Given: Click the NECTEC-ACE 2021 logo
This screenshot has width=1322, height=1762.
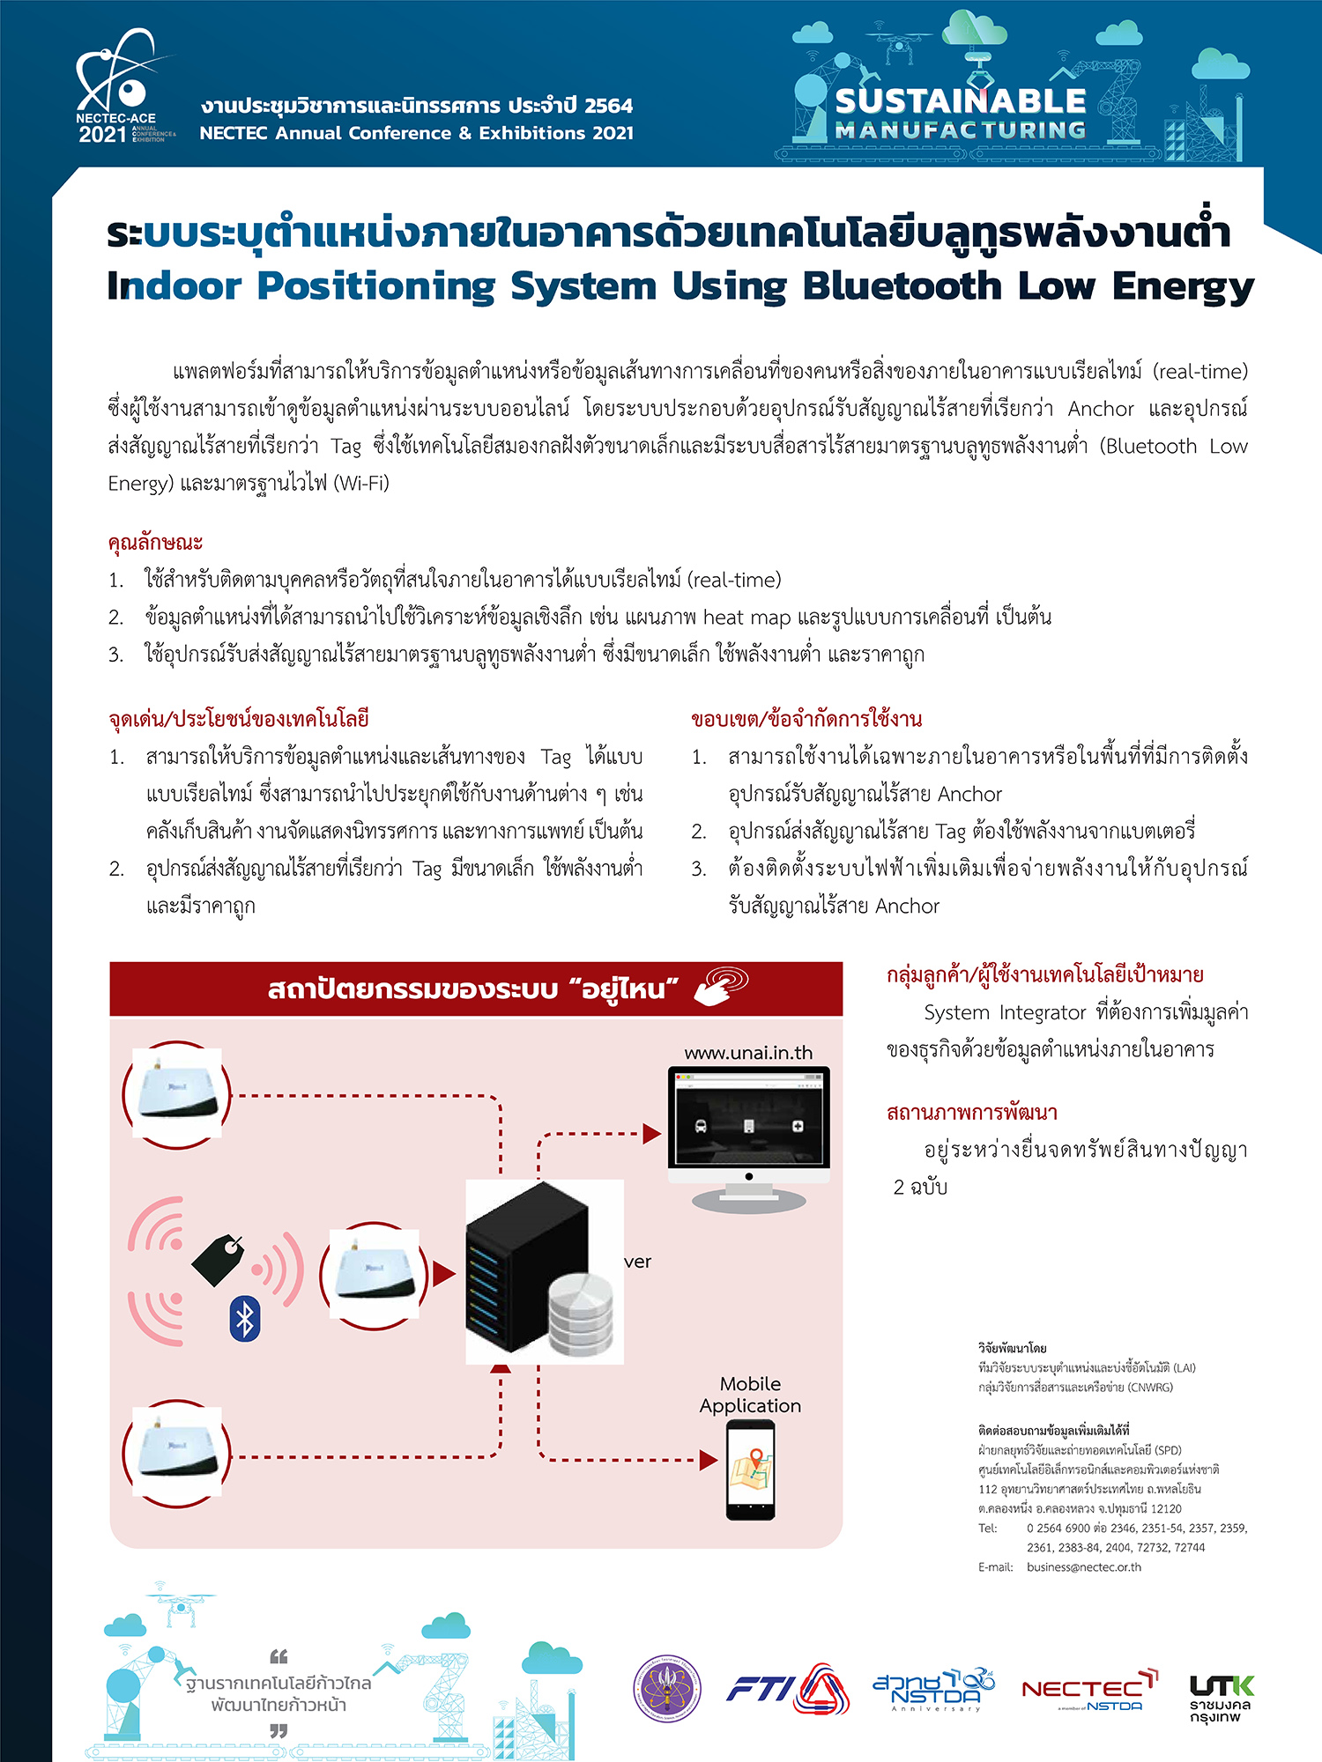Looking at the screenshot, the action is pos(124,88).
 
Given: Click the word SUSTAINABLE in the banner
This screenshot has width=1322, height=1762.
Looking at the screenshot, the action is pos(961,101).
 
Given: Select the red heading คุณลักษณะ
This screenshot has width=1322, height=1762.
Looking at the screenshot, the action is pos(155,542).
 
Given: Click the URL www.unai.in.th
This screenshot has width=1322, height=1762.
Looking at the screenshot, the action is pos(748,1053).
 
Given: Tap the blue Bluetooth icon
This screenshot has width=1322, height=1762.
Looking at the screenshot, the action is pos(245,1319).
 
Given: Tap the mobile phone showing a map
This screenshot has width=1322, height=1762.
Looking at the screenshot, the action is pos(751,1470).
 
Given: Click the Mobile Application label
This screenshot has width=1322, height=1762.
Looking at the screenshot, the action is pos(750,1395).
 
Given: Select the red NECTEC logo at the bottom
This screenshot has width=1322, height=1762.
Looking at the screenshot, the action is pos(1089,1690).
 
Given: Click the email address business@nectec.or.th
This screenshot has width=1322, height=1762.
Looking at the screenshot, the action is pos(1083,1567).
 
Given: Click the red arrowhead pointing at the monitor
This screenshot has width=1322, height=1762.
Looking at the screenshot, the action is pos(652,1134).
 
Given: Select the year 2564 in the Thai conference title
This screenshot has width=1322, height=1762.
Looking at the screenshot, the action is pos(608,106).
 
